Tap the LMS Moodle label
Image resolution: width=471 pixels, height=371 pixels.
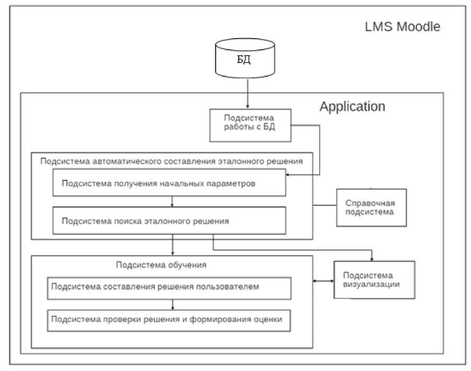pyautogui.click(x=403, y=26)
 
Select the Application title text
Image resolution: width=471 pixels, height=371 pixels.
pyautogui.click(x=352, y=106)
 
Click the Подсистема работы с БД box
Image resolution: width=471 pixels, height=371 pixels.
pyautogui.click(x=251, y=125)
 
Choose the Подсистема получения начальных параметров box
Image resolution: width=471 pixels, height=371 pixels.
pyautogui.click(x=169, y=184)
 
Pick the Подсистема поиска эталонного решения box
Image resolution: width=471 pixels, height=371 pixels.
pyautogui.click(x=169, y=221)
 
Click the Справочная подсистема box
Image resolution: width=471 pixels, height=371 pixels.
pyautogui.click(x=372, y=207)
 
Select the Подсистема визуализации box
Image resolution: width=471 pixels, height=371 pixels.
pyautogui.click(x=371, y=279)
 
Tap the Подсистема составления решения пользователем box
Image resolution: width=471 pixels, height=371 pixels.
pyautogui.click(x=169, y=287)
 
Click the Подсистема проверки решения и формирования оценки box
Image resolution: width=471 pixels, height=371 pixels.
pyautogui.click(x=169, y=320)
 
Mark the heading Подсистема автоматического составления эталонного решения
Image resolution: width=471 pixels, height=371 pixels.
pyautogui.click(x=171, y=161)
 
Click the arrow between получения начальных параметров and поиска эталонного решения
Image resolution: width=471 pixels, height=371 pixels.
pyautogui.click(x=172, y=202)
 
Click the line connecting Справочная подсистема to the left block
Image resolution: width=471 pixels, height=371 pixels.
pyautogui.click(x=325, y=204)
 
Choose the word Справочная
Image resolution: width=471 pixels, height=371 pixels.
pyautogui.click(x=369, y=203)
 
